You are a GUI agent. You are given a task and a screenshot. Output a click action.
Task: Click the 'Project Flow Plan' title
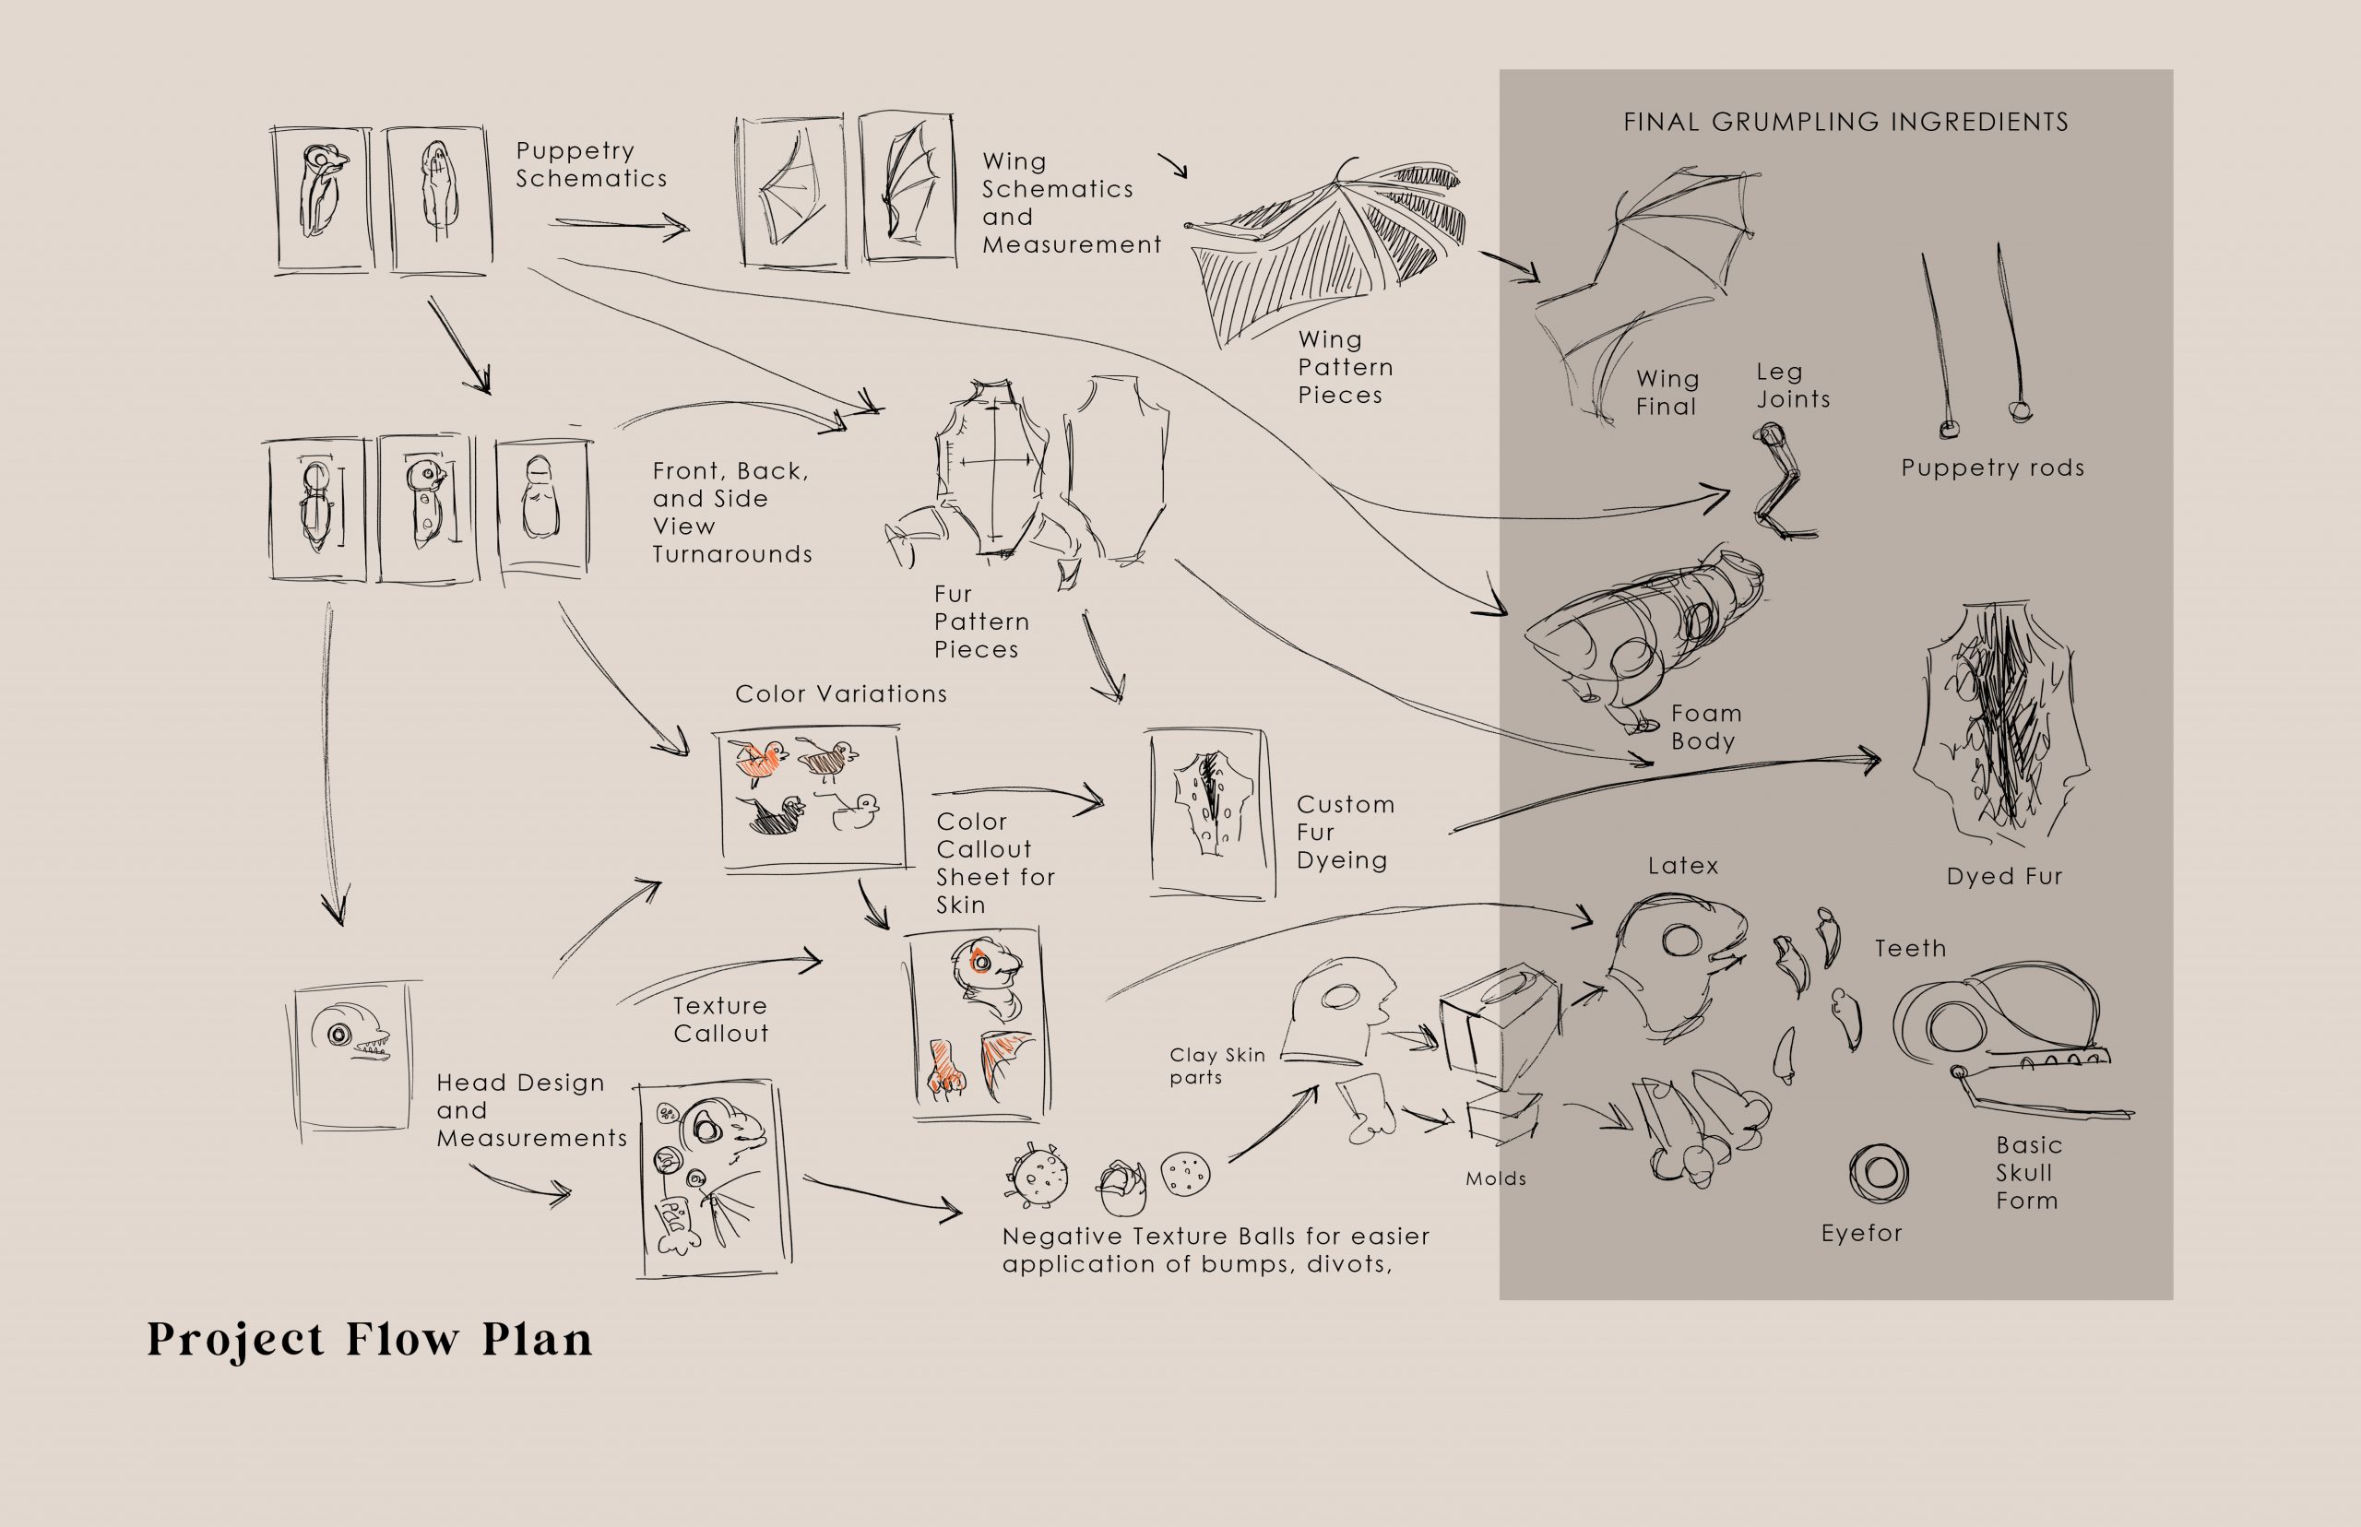(370, 1341)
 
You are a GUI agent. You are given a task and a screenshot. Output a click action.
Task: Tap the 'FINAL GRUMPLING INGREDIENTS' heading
(1845, 122)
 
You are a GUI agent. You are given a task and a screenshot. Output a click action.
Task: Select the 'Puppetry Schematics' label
(591, 165)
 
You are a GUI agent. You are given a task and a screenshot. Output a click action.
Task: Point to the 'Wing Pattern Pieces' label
(1346, 367)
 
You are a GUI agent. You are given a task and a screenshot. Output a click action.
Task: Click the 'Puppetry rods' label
(1992, 468)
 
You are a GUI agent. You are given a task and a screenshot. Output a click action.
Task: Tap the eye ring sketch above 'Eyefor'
(1879, 1173)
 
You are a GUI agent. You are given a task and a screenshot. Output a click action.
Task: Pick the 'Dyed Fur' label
(2004, 877)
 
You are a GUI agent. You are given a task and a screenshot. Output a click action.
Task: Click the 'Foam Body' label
(1705, 727)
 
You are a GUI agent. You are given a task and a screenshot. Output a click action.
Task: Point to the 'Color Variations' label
(841, 694)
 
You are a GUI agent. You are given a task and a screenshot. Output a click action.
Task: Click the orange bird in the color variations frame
(762, 759)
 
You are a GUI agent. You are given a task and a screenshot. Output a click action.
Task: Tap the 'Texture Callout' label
(721, 1019)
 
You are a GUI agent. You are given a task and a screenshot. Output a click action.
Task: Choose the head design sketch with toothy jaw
(354, 1056)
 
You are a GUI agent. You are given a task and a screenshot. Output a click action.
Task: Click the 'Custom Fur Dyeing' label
(1346, 833)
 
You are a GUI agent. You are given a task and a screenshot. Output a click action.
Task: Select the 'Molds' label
(1495, 1179)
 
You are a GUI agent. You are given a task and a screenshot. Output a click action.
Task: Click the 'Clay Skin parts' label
(1216, 1067)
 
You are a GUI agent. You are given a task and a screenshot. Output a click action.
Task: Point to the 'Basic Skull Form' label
(2029, 1173)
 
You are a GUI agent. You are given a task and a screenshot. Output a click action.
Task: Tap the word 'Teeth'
(1910, 949)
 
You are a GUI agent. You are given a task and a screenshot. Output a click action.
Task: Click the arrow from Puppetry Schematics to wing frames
(619, 226)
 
